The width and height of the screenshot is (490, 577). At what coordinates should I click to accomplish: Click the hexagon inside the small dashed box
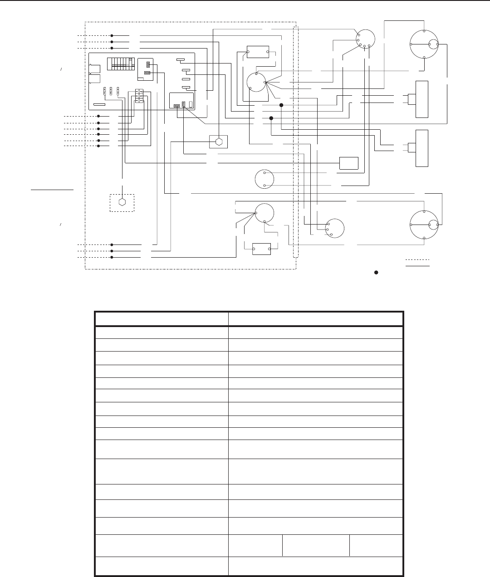point(122,202)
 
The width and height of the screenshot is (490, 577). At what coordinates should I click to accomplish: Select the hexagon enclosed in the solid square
point(219,142)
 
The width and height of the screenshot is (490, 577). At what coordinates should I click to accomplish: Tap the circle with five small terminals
point(365,39)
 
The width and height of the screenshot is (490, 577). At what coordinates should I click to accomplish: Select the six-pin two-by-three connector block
point(139,96)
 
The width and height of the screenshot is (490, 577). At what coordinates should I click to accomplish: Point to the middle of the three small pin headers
point(111,90)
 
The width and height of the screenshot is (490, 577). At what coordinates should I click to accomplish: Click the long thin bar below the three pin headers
point(99,104)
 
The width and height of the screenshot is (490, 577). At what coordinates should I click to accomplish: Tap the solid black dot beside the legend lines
point(376,273)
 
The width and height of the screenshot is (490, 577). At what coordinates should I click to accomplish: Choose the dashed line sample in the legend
point(417,260)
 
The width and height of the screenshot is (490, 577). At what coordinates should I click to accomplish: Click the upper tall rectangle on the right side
point(422,99)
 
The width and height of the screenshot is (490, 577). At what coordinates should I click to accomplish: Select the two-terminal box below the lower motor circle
point(261,249)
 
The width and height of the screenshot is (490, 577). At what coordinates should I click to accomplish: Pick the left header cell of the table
point(161,318)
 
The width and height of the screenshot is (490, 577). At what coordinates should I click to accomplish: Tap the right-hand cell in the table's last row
point(316,566)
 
